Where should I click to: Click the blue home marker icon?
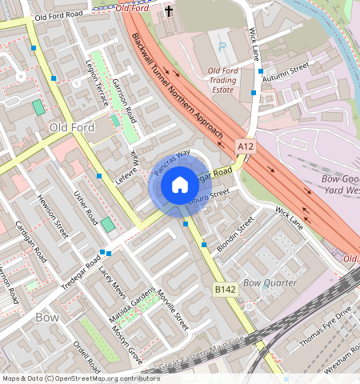coord(179,186)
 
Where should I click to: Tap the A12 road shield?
coord(246,147)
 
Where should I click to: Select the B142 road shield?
coord(223,289)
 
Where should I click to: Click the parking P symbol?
coord(222,46)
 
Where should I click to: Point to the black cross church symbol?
coord(169,11)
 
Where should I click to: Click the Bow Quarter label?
coord(270,283)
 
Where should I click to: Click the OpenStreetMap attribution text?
coord(80,378)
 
